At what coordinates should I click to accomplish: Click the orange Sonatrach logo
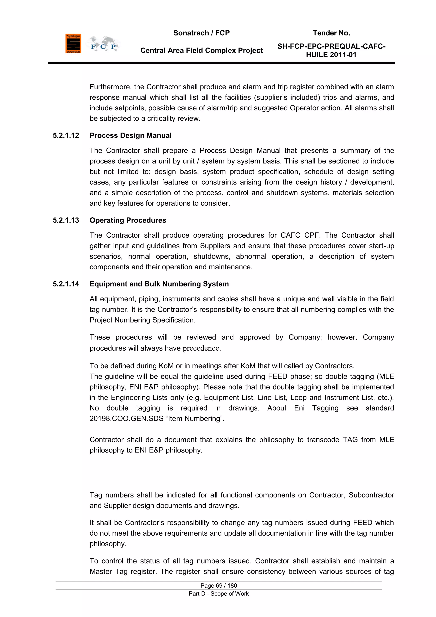pyautogui.click(x=73, y=43)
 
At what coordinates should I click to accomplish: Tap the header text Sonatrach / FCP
pyautogui.click(x=201, y=33)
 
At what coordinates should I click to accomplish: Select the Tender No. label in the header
pyautogui.click(x=331, y=33)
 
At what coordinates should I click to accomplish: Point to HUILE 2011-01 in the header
pyautogui.click(x=331, y=55)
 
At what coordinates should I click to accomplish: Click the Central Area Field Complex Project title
pyautogui.click(x=201, y=51)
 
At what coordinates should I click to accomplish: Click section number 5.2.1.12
pyautogui.click(x=66, y=135)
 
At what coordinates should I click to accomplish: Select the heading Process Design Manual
pyautogui.click(x=131, y=135)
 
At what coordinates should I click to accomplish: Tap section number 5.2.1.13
pyautogui.click(x=66, y=220)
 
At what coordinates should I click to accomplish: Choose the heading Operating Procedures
pyautogui.click(x=128, y=220)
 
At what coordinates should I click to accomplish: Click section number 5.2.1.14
pyautogui.click(x=66, y=284)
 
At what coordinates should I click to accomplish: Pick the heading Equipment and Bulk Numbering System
pyautogui.click(x=159, y=284)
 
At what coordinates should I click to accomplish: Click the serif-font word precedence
pyautogui.click(x=201, y=348)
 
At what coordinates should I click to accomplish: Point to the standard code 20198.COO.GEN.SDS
pyautogui.click(x=126, y=419)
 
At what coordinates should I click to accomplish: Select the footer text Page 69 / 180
pyautogui.click(x=219, y=585)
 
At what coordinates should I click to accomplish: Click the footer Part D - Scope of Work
pyautogui.click(x=219, y=594)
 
